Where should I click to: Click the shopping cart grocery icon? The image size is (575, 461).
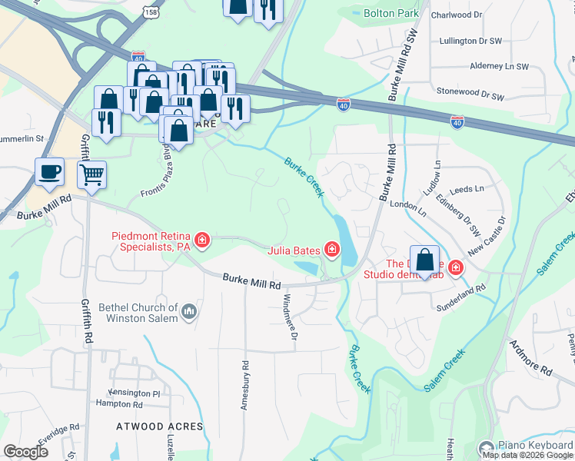point(92,174)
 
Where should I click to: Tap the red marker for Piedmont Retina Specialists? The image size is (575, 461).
point(202,241)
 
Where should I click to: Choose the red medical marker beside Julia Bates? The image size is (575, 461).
point(331,248)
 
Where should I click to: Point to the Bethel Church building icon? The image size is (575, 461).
point(189,313)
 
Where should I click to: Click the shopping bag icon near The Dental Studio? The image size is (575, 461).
point(424,260)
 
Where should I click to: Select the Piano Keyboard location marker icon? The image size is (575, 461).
point(485,447)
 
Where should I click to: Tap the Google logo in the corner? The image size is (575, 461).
point(25,452)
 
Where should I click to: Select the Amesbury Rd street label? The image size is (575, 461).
point(246,386)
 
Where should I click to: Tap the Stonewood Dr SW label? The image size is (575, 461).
point(470,94)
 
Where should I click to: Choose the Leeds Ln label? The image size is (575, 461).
point(467,188)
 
